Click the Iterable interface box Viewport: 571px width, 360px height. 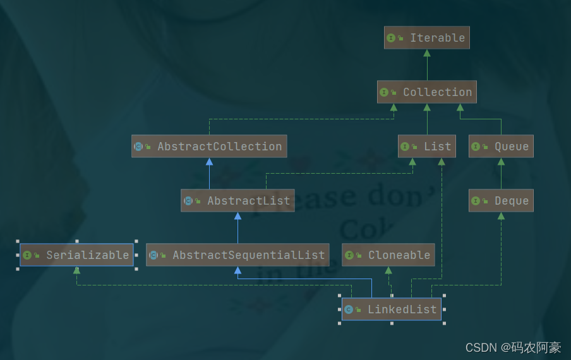[x=427, y=38]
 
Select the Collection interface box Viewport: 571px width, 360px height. [x=427, y=92]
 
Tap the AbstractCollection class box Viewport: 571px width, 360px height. [x=209, y=147]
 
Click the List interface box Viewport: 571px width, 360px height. [x=426, y=147]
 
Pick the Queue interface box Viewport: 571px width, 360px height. [x=501, y=147]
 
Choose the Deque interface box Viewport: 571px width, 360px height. [x=501, y=201]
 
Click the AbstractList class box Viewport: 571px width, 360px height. [x=237, y=201]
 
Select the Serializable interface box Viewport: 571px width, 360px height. [x=76, y=255]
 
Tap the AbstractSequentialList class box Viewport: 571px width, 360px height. [x=237, y=255]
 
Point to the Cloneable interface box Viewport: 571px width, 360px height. [x=388, y=255]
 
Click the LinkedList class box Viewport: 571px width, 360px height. [x=392, y=309]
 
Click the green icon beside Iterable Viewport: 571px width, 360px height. [x=391, y=38]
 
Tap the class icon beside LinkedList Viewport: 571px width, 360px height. [x=349, y=309]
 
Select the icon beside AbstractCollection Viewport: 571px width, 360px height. [x=138, y=147]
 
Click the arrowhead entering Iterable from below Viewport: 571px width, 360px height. [x=427, y=53]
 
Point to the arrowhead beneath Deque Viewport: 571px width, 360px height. [x=501, y=216]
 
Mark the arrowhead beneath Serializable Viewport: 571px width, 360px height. [x=76, y=270]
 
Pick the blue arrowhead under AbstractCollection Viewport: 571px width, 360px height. [x=209, y=162]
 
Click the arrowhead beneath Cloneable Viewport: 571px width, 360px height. [x=388, y=270]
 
